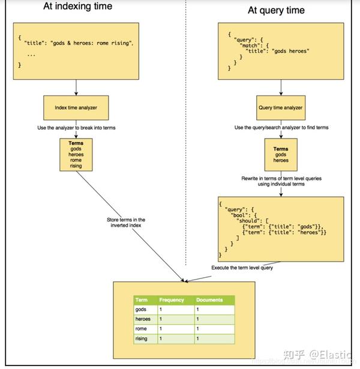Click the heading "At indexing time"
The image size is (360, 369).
(x=77, y=7)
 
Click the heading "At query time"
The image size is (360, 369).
(x=276, y=10)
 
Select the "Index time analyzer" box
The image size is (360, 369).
(x=76, y=108)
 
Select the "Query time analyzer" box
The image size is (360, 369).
(x=281, y=108)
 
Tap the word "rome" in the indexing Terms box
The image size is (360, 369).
(x=76, y=160)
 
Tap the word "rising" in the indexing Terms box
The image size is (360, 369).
(x=76, y=166)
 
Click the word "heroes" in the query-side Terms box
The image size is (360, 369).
(x=281, y=160)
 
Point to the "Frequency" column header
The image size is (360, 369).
(x=172, y=300)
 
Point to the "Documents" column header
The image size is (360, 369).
(x=209, y=300)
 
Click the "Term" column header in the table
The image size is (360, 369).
(x=142, y=300)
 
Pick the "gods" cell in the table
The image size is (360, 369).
(x=142, y=310)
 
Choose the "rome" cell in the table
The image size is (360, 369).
(x=142, y=329)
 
